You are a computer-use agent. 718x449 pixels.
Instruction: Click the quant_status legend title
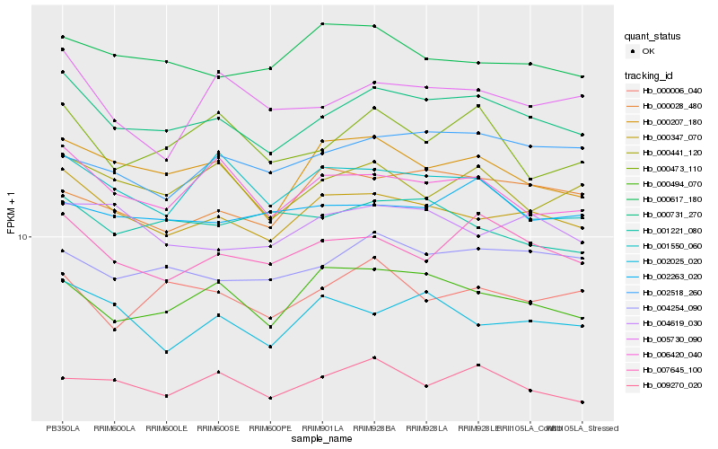(x=652, y=37)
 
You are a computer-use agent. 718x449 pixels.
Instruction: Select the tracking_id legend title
(x=649, y=75)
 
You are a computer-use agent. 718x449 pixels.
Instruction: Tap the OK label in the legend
(x=648, y=52)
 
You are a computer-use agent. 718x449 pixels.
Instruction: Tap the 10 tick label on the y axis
(x=24, y=237)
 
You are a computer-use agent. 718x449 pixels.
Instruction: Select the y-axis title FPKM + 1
(x=11, y=212)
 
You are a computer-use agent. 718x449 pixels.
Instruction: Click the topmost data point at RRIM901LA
(x=322, y=23)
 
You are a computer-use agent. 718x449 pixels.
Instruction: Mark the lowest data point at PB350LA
(x=63, y=378)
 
